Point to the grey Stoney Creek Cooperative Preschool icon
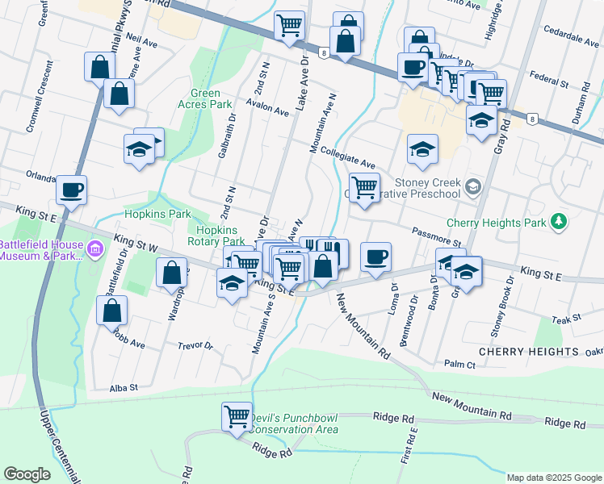[x=473, y=188]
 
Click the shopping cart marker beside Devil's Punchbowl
[x=237, y=416]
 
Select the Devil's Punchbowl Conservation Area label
[x=294, y=424]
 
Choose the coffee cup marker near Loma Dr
[x=375, y=257]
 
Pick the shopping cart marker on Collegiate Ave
[x=364, y=187]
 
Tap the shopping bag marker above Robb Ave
[x=111, y=310]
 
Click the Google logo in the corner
[x=27, y=474]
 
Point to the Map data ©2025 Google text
[x=552, y=478]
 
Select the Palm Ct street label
[x=459, y=365]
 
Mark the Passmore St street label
[x=435, y=237]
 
